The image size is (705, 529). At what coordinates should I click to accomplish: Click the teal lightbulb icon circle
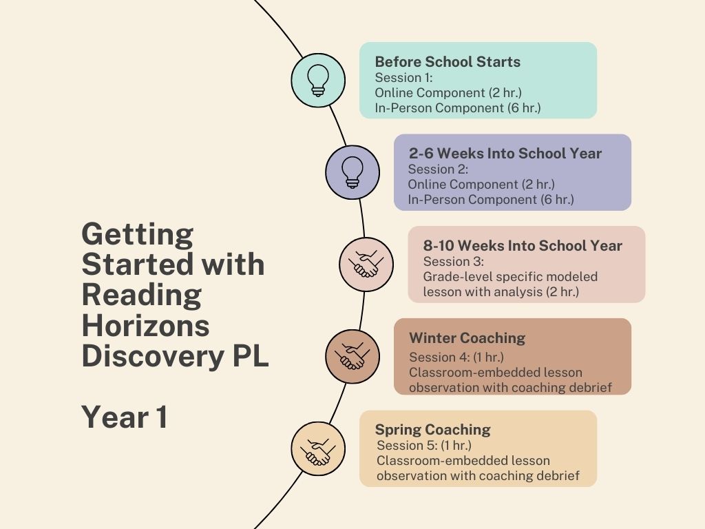coord(318,80)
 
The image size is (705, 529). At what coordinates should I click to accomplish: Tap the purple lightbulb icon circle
coord(352,172)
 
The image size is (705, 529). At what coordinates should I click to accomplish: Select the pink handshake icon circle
coord(366,264)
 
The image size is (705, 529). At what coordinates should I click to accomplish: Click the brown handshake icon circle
coord(352,356)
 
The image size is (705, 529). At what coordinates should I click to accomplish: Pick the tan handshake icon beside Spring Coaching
coord(318,448)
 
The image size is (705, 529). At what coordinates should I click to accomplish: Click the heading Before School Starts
coord(448,61)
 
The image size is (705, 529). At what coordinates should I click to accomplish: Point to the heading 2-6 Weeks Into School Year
coord(505,154)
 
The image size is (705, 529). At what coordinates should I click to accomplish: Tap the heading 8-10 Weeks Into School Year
coord(523,246)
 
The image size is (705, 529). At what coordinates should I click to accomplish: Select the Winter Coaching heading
coord(467,338)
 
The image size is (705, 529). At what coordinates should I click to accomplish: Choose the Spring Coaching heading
coord(432,430)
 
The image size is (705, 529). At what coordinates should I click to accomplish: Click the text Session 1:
coord(403,77)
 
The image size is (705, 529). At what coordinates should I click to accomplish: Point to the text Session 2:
coord(438,169)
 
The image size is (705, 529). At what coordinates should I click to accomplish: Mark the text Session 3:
coord(453,261)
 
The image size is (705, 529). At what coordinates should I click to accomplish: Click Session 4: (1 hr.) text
coord(456,357)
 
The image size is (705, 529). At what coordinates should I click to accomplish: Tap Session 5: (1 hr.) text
coord(424,446)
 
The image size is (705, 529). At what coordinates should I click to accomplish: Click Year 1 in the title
coord(125,417)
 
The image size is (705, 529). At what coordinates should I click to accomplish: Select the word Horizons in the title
coord(146,325)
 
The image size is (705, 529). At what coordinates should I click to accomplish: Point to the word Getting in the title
coord(138,234)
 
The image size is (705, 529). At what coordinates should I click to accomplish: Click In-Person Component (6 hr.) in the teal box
coord(458,108)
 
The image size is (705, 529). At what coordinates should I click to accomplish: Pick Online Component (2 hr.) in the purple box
coord(481,185)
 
